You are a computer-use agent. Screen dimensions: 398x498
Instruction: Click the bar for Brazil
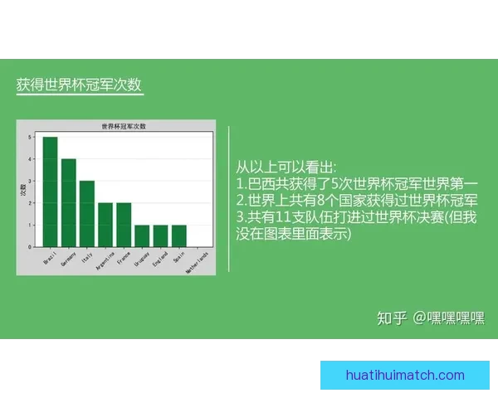point(50,192)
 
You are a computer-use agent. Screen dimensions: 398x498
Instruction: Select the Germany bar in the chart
point(68,202)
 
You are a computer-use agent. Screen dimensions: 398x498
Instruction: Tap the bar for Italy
point(87,214)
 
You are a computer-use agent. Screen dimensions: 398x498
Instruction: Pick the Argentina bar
point(105,225)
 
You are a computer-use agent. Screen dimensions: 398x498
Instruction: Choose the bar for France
point(124,225)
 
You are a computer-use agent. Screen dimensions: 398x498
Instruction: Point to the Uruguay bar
point(142,235)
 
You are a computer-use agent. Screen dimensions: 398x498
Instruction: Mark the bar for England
point(160,235)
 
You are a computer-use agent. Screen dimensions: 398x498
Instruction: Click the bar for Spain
point(178,235)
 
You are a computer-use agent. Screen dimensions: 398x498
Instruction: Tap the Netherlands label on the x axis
point(198,262)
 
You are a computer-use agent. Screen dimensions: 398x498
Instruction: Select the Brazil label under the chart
point(49,257)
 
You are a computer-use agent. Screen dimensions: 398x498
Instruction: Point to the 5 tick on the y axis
point(30,137)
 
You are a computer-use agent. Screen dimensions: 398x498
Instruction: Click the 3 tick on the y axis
point(30,181)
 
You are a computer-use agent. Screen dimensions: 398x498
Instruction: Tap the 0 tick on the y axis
point(30,246)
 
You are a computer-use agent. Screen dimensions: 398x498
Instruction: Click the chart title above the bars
point(123,126)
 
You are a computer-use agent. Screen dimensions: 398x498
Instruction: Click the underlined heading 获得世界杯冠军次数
point(79,85)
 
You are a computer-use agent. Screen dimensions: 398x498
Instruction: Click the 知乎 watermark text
point(392,318)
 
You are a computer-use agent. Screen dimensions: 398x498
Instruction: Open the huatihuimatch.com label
point(405,376)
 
